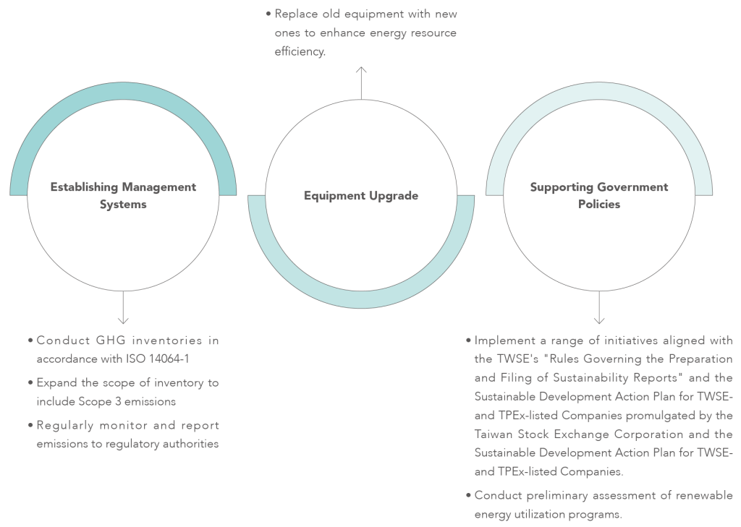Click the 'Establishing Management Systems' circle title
(x=123, y=195)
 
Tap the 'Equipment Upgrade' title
(x=361, y=196)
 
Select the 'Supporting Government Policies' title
(x=599, y=195)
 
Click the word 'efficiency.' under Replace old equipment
(x=300, y=53)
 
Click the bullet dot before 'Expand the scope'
(x=30, y=382)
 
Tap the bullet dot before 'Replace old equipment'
(x=268, y=14)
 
